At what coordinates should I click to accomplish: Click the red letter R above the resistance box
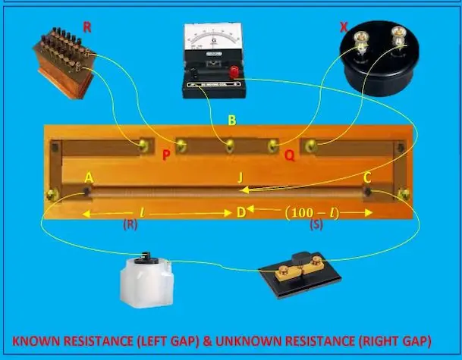(87, 27)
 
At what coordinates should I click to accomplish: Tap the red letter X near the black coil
(344, 27)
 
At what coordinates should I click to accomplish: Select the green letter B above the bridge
(231, 120)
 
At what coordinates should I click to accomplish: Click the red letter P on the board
(166, 156)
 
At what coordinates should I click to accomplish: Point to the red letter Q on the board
(289, 156)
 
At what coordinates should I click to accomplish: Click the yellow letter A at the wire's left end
(89, 178)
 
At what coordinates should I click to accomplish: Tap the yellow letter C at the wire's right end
(367, 178)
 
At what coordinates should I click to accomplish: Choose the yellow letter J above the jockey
(240, 178)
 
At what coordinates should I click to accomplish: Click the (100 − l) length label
(311, 212)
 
